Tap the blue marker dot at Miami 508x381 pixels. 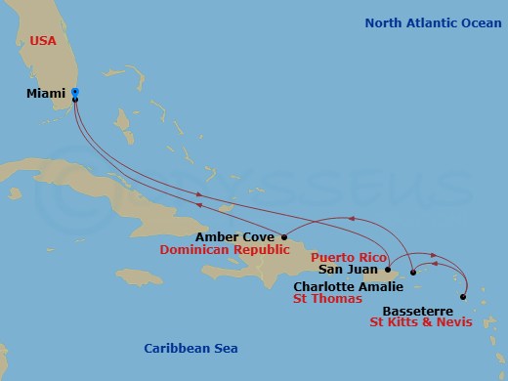click(x=75, y=93)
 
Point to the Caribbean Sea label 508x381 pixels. click(x=190, y=349)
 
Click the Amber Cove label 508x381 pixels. click(x=235, y=236)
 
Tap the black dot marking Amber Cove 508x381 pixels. click(x=284, y=235)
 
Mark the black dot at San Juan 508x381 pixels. click(x=389, y=270)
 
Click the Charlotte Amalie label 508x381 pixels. click(x=348, y=286)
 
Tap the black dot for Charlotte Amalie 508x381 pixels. click(x=413, y=273)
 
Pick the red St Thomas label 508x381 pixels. click(x=328, y=300)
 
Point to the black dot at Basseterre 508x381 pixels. click(x=463, y=297)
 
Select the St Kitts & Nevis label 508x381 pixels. click(x=421, y=321)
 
